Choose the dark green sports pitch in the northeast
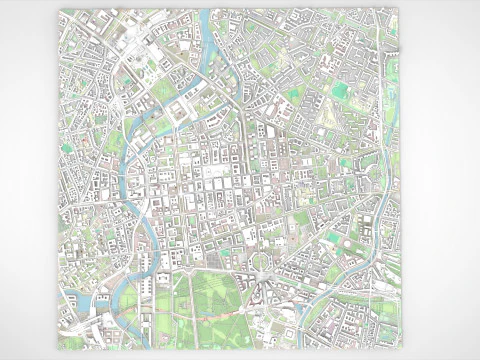340,91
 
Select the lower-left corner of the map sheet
57,349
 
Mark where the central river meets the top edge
206,11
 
